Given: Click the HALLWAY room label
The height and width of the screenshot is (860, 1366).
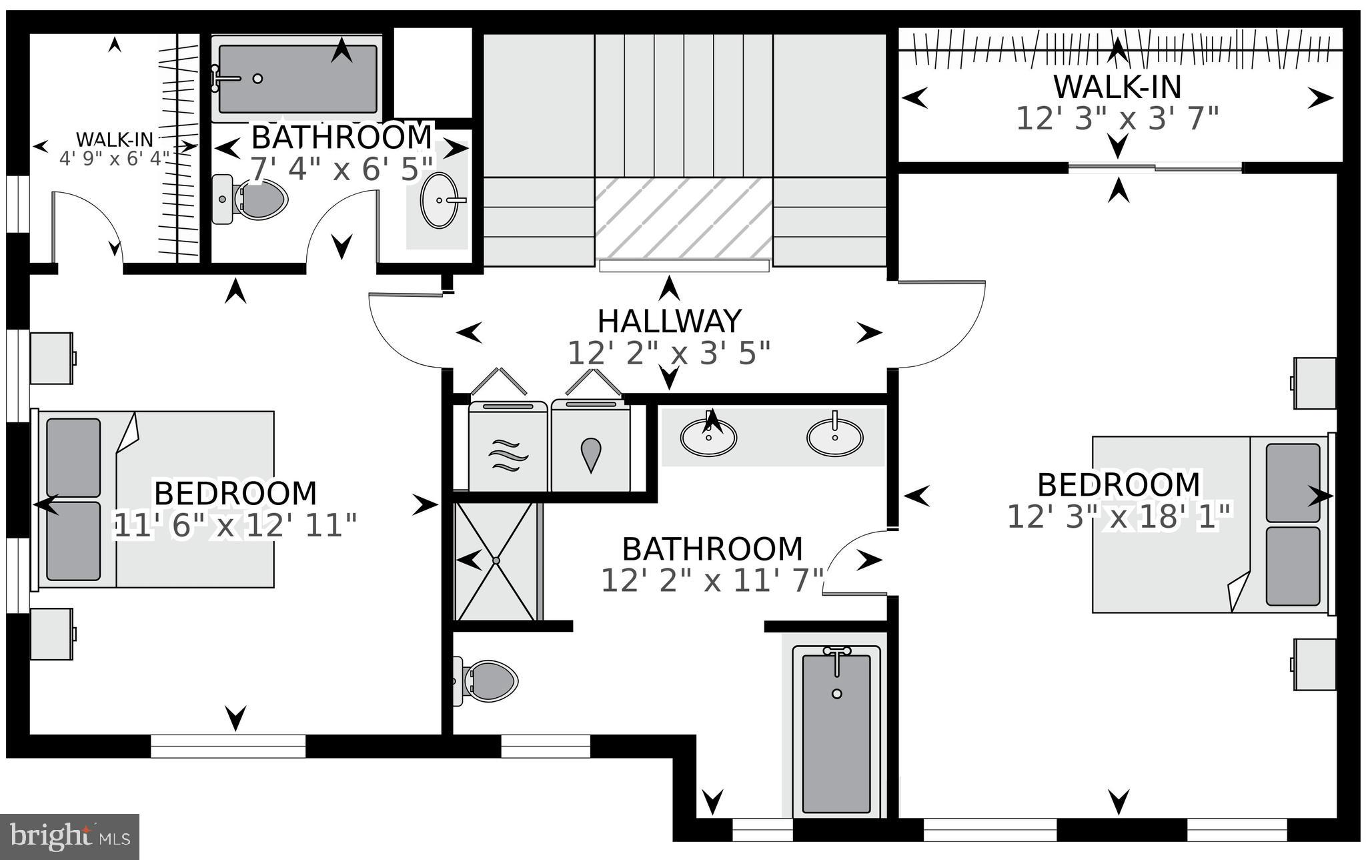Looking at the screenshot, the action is (669, 322).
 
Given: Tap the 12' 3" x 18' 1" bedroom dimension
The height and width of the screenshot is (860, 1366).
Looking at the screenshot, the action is (1119, 517).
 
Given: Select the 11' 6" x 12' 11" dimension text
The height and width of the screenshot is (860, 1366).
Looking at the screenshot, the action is (235, 526).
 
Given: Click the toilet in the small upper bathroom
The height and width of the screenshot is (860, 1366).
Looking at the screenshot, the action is (249, 199).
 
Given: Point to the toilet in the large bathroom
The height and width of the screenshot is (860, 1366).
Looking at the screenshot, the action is (485, 681).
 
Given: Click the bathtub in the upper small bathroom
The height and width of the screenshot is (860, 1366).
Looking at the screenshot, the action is (297, 79).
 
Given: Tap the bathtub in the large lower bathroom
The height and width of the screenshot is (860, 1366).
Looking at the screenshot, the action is (836, 731).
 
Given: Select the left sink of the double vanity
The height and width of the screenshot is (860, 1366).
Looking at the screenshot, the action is (708, 438).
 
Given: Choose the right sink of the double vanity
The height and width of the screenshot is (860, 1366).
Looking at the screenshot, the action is (835, 438).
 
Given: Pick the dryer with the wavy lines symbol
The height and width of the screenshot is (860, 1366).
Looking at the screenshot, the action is (509, 446).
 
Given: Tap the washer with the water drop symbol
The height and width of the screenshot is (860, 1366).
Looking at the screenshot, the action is (591, 446).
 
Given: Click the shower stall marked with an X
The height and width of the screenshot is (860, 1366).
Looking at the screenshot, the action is (496, 561).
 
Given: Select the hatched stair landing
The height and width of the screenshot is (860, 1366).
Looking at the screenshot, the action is (684, 218).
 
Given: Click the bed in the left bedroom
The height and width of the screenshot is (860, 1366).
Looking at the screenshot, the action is (155, 499).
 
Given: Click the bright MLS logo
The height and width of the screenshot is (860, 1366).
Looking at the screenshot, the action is (69, 837).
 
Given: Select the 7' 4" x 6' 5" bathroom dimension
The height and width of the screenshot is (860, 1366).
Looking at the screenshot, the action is (341, 169).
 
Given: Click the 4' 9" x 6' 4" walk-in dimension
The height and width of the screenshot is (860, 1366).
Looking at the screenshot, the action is (115, 159).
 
